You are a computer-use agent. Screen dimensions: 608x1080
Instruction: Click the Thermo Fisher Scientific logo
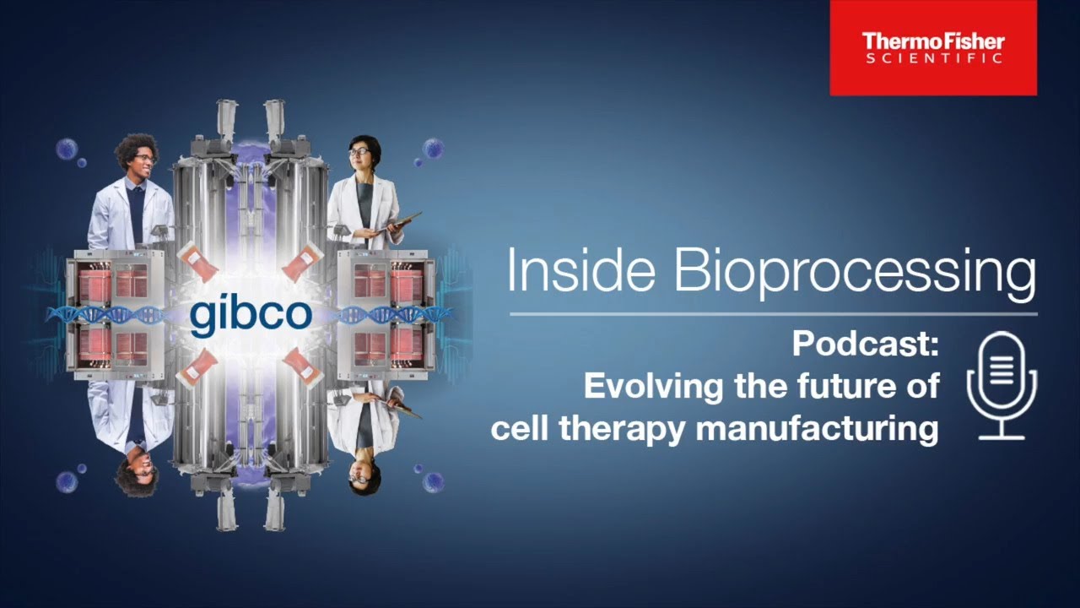(932, 47)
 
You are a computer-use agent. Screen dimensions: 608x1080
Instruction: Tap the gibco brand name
(251, 314)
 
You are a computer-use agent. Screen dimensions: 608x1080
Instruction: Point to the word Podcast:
(866, 345)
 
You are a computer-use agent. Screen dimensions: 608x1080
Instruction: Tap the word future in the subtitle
(847, 387)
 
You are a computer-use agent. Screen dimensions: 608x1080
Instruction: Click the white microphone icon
(1002, 385)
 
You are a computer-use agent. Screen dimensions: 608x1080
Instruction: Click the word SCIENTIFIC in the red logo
(932, 58)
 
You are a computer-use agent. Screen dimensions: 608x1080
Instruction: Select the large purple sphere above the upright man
(67, 149)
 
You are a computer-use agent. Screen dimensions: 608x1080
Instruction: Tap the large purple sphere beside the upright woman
(433, 149)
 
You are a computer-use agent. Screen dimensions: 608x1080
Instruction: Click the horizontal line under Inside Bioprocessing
(773, 314)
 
